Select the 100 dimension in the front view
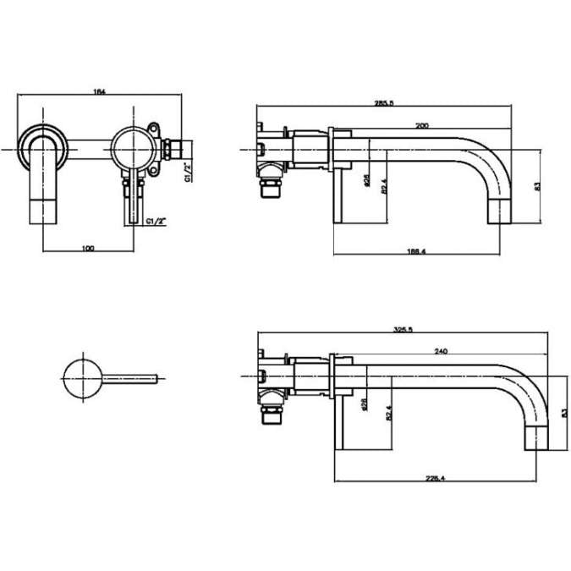[88, 247]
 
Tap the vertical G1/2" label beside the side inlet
[187, 173]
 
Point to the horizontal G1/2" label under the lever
[155, 221]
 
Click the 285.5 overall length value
[384, 102]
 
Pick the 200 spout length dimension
[420, 124]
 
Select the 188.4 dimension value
[415, 251]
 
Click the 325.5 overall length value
[403, 331]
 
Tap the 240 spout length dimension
[440, 351]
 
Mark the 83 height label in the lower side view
[563, 412]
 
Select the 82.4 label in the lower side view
[390, 412]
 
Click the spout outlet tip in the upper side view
[501, 211]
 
